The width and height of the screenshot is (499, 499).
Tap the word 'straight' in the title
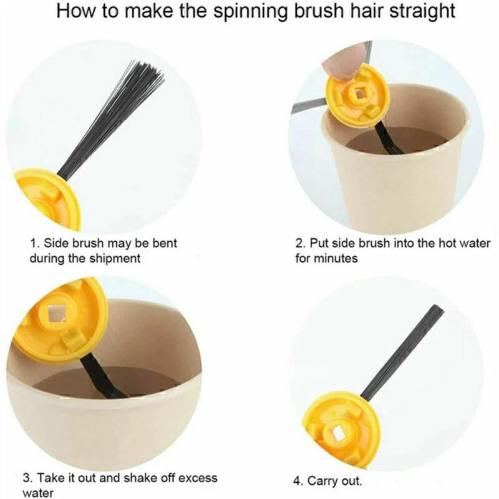tap(422, 11)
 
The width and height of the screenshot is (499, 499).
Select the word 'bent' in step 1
tap(165, 243)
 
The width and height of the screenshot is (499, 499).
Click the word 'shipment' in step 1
tap(115, 258)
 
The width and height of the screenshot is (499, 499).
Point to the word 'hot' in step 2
tap(450, 243)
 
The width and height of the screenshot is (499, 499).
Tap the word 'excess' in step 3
tap(198, 478)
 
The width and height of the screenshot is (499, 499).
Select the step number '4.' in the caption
tap(298, 481)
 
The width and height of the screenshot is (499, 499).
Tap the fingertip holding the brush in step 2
tap(338, 64)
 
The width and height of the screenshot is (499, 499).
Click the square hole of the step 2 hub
tap(359, 93)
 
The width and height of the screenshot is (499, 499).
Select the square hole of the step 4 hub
tap(338, 434)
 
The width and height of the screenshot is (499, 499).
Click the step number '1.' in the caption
tap(35, 243)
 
